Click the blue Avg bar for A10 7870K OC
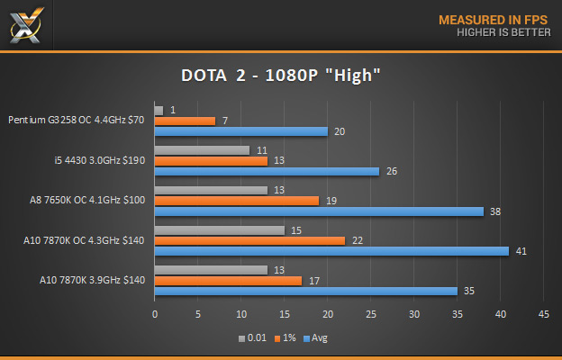point(331,251)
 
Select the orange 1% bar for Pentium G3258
point(185,121)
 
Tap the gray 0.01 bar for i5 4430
point(202,150)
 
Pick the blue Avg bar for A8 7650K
point(319,211)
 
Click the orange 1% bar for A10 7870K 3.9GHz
point(229,281)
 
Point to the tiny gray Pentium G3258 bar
point(159,111)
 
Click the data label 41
point(521,251)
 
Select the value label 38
point(494,211)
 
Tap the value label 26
point(391,171)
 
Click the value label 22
point(357,240)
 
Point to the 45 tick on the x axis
point(543,314)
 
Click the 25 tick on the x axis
point(370,314)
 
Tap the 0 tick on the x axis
point(155,314)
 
